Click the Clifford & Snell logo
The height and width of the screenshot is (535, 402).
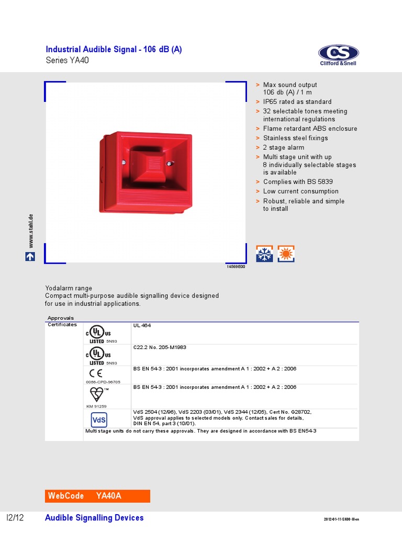[x=338, y=55]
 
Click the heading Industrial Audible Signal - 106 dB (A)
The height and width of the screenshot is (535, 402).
[x=114, y=50]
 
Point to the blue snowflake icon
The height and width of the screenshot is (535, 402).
[x=264, y=253]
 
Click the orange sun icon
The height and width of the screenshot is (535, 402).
[x=286, y=253]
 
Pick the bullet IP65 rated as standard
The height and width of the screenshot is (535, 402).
[x=297, y=102]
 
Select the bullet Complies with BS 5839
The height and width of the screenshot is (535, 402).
[x=299, y=182]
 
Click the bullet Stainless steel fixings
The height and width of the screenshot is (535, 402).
[x=295, y=138]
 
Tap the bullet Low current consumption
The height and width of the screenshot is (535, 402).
[x=300, y=191]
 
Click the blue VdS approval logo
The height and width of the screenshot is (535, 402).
[x=99, y=420]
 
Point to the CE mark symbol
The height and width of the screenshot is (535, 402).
[x=96, y=373]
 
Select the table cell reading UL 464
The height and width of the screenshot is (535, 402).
[x=142, y=325]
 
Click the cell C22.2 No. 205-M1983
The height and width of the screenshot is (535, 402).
[x=160, y=347]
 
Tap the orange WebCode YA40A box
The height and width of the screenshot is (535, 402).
[x=98, y=496]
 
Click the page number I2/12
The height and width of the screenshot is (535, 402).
[x=15, y=518]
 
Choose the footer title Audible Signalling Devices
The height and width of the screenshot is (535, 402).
[x=94, y=518]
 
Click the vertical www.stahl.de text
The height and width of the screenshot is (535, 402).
[x=31, y=230]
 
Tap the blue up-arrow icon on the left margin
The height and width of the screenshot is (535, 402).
[x=30, y=257]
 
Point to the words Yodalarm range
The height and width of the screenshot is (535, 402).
[x=68, y=288]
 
